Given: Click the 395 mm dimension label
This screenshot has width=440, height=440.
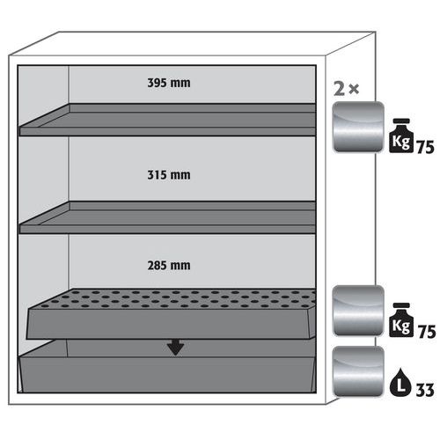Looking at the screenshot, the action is pos(169,83).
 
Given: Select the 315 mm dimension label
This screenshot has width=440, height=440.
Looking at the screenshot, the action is pos(169,175).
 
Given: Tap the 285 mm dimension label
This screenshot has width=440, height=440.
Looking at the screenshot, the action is pos(169,266).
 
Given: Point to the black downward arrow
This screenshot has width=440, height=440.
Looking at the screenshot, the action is pos(175,348).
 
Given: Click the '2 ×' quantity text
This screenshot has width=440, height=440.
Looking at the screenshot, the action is pos(346,89).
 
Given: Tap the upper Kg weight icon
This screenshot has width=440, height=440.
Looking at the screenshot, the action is pos(401,136).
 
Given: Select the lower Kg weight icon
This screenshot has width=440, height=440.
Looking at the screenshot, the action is pos(401,319).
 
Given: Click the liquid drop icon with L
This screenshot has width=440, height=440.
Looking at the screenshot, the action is pos(401,383).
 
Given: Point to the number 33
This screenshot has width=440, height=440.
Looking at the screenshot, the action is pos(425,390).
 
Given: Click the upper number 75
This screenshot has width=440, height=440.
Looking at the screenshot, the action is pos(425,147).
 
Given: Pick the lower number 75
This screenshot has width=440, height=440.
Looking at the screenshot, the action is pos(427,332).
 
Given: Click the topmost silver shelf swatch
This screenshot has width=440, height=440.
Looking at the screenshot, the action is pos(358,127).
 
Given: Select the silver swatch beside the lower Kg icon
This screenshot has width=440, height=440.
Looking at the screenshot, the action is pos(358,311).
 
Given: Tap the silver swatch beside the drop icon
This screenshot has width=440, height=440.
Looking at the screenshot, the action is pos(358,371).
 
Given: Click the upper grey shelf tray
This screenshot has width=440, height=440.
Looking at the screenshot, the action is pos(168,120).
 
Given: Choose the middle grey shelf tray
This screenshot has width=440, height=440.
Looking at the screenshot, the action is pos(168,217).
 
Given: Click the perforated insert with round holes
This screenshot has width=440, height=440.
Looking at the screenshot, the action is pos(172,314).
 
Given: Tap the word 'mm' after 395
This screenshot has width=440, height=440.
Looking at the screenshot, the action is pos(180,84).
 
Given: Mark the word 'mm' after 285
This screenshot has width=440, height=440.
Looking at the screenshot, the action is pos(180,267).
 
